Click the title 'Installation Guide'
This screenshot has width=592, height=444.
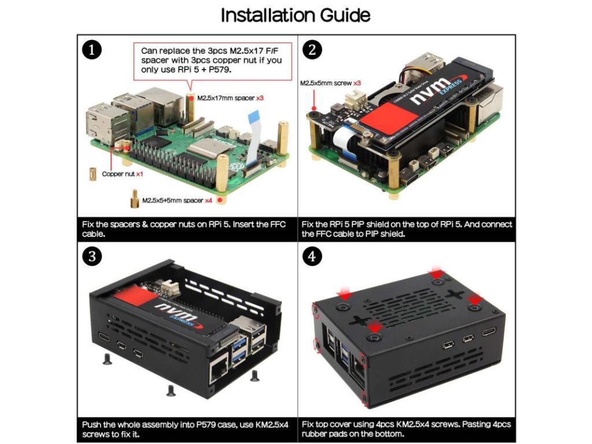coord(295,15)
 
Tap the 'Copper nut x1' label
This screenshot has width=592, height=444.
coord(123,173)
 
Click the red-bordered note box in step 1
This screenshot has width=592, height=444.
coord(212,60)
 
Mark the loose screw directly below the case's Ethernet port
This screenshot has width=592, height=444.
coord(170,391)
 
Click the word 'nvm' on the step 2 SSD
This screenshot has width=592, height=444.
coord(428,98)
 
